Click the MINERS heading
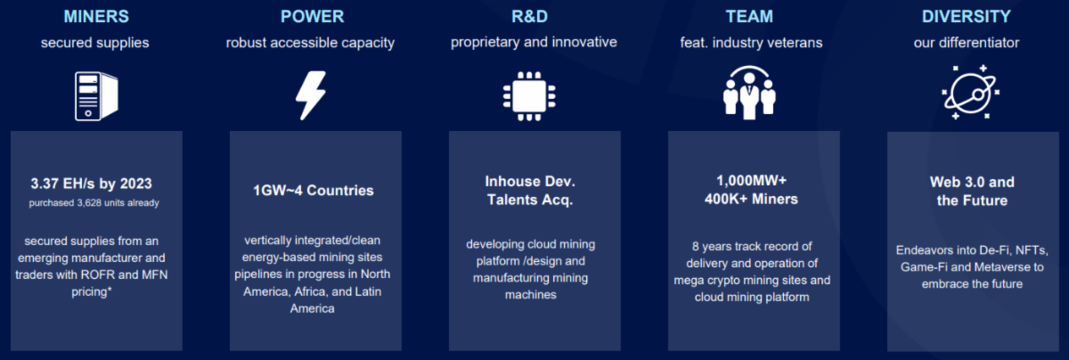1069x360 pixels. tap(96, 17)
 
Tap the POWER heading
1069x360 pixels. tap(312, 17)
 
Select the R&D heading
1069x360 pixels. tap(530, 17)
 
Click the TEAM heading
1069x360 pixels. tap(749, 17)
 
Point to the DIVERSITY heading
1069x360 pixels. tap(967, 17)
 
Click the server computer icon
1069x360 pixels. tap(96, 95)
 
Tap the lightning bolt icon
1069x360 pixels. tap(311, 95)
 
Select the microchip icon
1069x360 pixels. tap(529, 96)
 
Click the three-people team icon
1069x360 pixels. tap(749, 93)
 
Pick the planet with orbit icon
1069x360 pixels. tap(970, 92)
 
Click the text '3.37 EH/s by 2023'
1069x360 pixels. tap(91, 184)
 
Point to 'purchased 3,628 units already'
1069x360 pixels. tap(94, 203)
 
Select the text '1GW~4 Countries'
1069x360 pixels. tap(313, 191)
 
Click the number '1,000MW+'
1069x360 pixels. tap(752, 181)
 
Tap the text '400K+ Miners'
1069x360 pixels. tap(751, 199)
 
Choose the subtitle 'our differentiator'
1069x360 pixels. tap(967, 43)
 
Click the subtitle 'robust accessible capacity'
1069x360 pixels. tap(310, 44)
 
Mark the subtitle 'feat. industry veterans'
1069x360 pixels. tap(751, 43)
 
